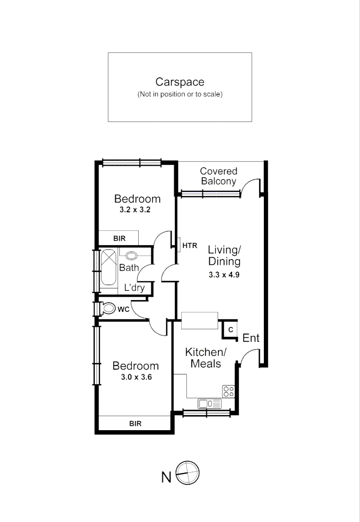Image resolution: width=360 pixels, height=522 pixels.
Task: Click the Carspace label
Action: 180,82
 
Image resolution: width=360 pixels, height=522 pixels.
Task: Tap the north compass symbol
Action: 187,473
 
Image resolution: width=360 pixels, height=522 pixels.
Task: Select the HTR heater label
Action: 190,246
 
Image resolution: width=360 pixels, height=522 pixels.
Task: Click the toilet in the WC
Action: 108,308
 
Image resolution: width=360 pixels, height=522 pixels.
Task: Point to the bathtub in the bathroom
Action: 108,266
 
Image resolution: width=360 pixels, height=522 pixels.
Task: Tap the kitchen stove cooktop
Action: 228,391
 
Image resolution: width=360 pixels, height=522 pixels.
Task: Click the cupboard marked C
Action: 231,330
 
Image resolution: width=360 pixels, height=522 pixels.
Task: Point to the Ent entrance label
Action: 251,338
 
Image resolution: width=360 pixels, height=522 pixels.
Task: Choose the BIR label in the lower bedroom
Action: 135,423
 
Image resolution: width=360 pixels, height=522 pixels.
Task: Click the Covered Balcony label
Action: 218,176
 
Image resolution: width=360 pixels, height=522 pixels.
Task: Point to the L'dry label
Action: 134,288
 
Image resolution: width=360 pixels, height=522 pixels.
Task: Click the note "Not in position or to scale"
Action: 180,94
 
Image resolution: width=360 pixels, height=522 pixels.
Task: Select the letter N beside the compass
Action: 166,478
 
